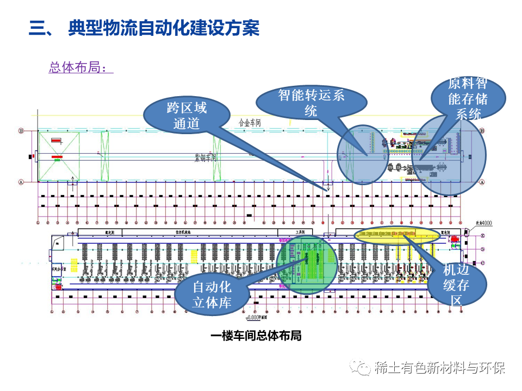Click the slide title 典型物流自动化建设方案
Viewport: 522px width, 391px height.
click(x=164, y=28)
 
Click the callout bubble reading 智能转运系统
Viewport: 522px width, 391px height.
click(x=311, y=103)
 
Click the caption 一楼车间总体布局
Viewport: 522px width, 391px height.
click(x=256, y=336)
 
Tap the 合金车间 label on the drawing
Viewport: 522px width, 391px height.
click(x=250, y=123)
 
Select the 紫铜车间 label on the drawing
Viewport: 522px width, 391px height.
click(x=206, y=157)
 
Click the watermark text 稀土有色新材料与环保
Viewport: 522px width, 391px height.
click(x=440, y=368)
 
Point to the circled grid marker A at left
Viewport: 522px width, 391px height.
click(x=21, y=182)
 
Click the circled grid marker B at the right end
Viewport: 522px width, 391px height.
click(x=482, y=131)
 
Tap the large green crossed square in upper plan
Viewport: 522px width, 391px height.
click(x=59, y=156)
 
